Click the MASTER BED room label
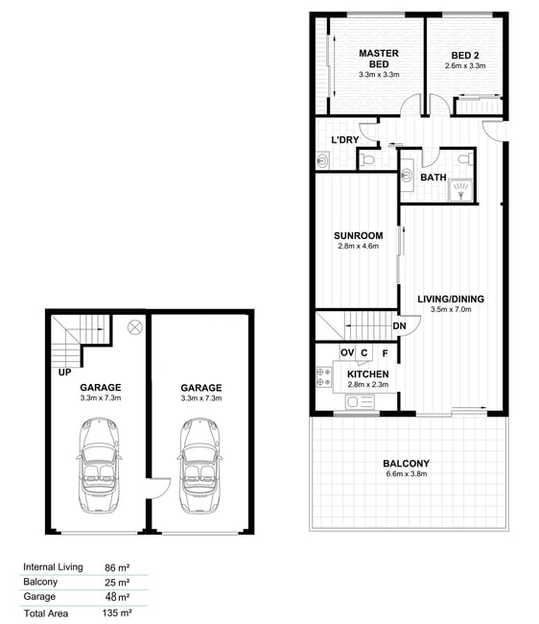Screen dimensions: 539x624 (379, 59)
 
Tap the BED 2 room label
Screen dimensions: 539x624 (464, 56)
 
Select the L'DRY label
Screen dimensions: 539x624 (345, 140)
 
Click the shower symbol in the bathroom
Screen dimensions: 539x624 (460, 190)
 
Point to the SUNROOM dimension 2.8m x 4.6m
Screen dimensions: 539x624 (358, 246)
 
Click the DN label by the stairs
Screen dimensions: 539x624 (399, 326)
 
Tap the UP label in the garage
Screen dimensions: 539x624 (65, 372)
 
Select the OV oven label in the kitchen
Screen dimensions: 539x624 (347, 352)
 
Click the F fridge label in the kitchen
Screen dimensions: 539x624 (385, 353)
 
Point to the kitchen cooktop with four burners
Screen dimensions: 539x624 (323, 377)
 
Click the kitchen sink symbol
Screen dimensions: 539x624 (360, 401)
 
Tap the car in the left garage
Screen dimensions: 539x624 (99, 466)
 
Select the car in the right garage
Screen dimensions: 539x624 (199, 466)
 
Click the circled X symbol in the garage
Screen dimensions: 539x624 (134, 327)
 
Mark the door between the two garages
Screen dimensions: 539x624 (158, 488)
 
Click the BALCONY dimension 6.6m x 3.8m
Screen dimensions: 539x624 (407, 473)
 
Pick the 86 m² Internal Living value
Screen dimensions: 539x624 (117, 567)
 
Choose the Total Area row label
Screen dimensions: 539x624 (46, 613)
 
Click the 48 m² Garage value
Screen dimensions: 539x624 (117, 597)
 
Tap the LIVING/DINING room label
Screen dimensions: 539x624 (451, 299)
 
